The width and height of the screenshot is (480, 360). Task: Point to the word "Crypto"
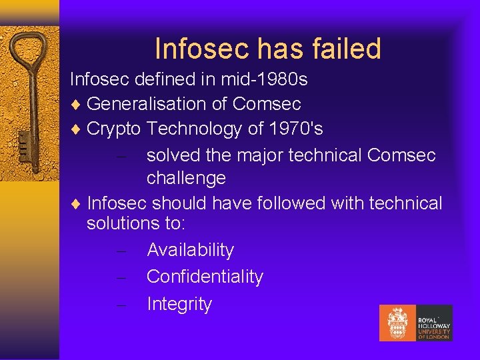coord(114,129)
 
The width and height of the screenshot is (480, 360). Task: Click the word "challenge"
coord(186,178)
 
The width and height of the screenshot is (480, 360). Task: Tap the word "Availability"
coord(191,250)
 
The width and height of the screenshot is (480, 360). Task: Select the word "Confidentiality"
coord(205,277)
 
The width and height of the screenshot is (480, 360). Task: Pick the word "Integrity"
coord(179,304)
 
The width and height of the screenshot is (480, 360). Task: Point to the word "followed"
coord(289,203)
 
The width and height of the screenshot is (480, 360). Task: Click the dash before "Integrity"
coord(121,305)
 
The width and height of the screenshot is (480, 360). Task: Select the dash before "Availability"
coord(121,251)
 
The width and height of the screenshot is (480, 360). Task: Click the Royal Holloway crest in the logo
coord(398,323)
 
